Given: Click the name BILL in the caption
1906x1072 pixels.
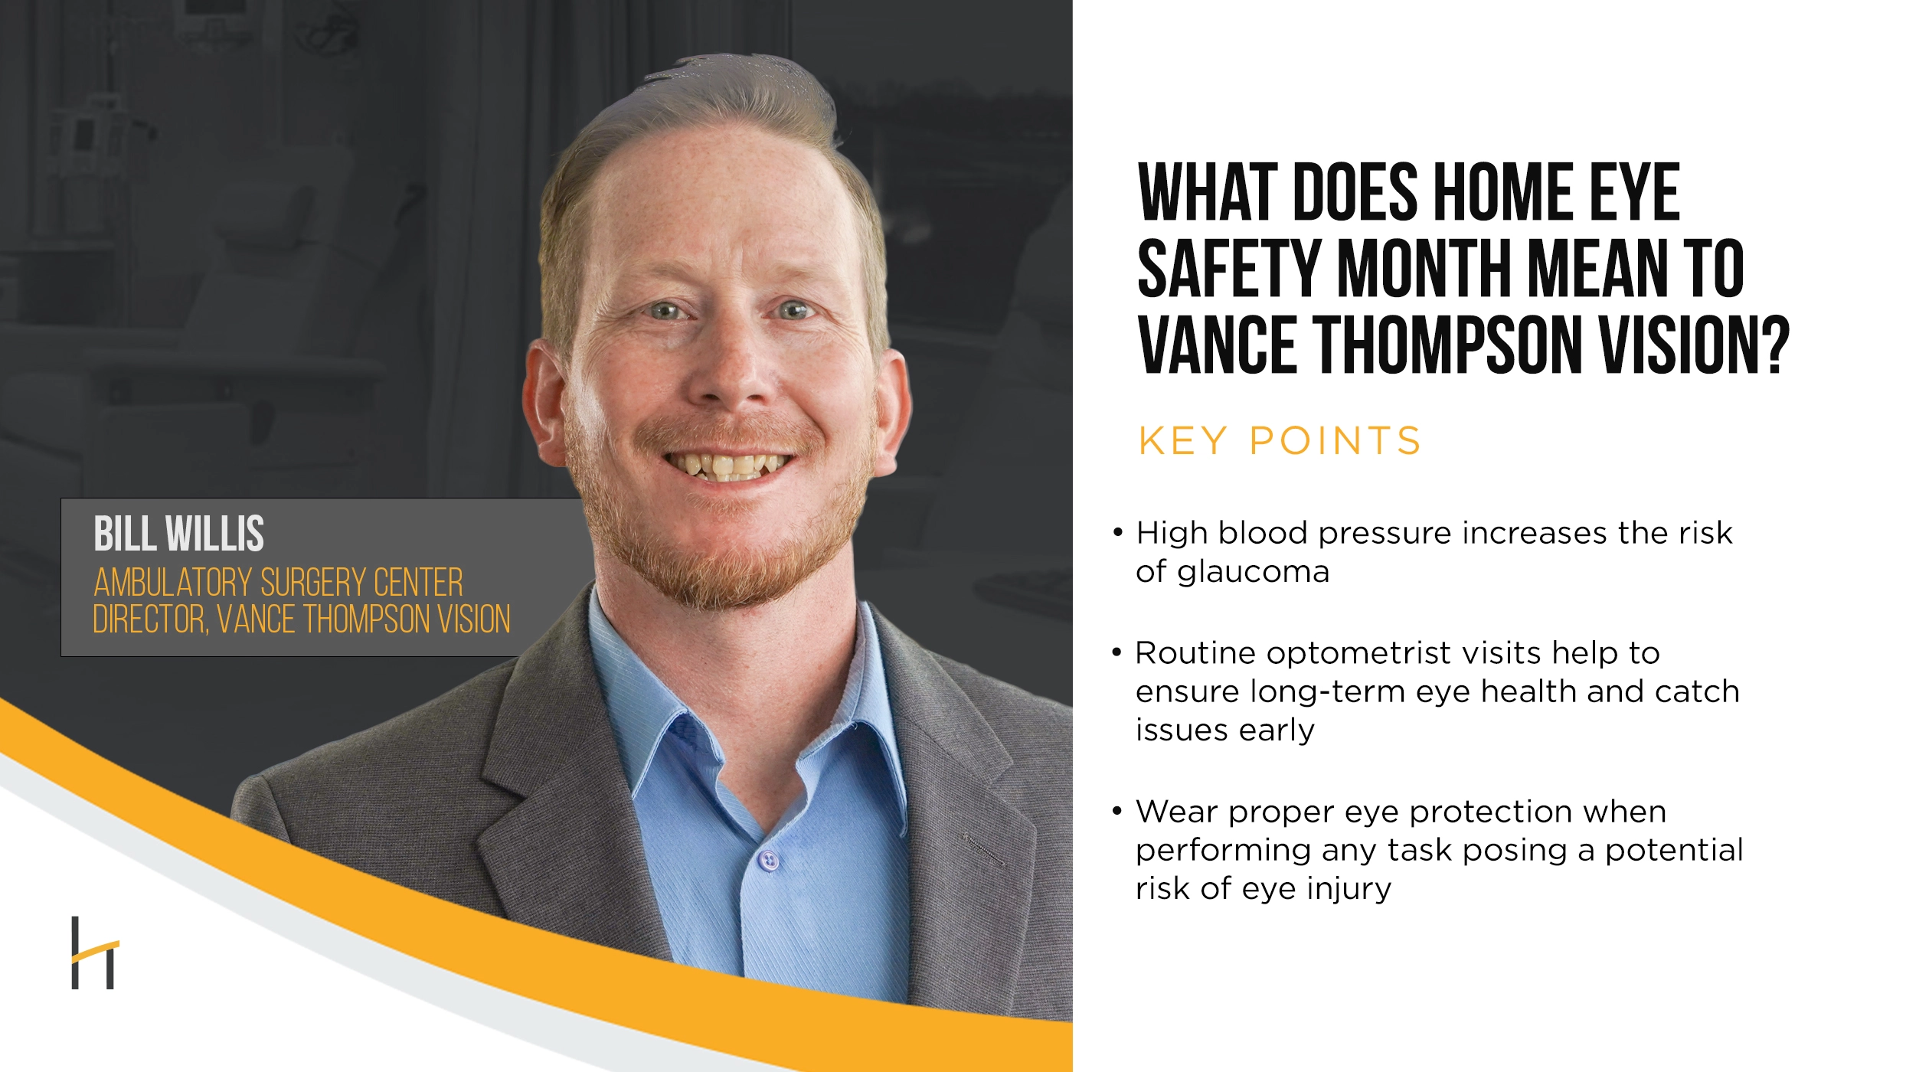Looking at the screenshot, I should [124, 534].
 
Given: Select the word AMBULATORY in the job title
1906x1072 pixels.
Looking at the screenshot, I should [172, 583].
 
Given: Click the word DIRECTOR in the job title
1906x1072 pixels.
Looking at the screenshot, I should [150, 619].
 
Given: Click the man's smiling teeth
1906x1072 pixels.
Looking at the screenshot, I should [727, 465].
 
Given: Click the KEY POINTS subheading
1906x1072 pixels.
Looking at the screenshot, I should [1279, 441].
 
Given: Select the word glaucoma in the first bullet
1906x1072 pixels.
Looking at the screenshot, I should [1253, 573].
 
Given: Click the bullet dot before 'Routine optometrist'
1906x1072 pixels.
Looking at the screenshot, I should [1117, 652].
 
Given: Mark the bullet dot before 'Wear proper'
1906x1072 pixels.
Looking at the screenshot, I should [1118, 811].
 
